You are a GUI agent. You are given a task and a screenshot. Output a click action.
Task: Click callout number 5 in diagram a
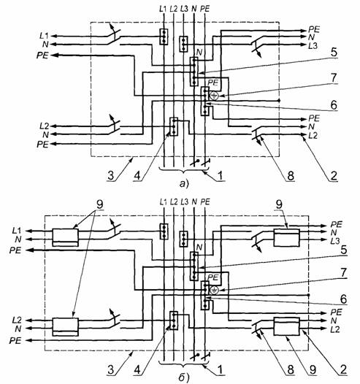pos(334,53)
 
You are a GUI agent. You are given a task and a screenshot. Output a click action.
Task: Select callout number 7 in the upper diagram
pos(334,78)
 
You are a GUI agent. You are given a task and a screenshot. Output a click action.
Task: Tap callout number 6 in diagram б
pos(344,299)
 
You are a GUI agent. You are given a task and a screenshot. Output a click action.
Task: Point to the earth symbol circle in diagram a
pos(214,96)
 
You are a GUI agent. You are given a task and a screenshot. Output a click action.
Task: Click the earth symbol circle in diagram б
pos(214,291)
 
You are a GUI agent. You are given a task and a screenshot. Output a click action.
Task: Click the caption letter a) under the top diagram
pos(184,184)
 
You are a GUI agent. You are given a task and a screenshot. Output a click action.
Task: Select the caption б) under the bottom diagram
pos(184,378)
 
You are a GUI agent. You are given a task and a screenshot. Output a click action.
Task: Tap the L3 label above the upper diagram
pos(184,9)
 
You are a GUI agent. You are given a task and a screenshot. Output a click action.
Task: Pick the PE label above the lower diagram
pos(205,202)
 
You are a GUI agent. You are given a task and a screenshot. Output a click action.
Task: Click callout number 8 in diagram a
pos(291,176)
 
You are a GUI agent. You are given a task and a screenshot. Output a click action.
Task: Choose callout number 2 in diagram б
pos(343,370)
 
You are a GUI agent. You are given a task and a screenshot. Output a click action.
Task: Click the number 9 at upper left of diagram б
pos(99,204)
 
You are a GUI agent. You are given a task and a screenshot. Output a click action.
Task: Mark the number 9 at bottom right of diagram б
pos(313,370)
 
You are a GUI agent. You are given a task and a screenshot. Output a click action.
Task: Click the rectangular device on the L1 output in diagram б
pos(66,237)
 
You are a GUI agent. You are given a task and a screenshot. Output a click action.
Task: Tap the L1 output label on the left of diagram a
pos(44,36)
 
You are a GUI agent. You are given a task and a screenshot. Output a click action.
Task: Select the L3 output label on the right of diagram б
pos(335,241)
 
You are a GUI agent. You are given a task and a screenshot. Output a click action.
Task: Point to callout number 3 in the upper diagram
pos(111,176)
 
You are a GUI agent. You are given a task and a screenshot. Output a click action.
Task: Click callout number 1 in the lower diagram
pos(221,370)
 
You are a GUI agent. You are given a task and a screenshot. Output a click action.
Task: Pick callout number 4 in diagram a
pos(137,176)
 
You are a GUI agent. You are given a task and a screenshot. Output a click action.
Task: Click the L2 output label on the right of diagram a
pos(313,135)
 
